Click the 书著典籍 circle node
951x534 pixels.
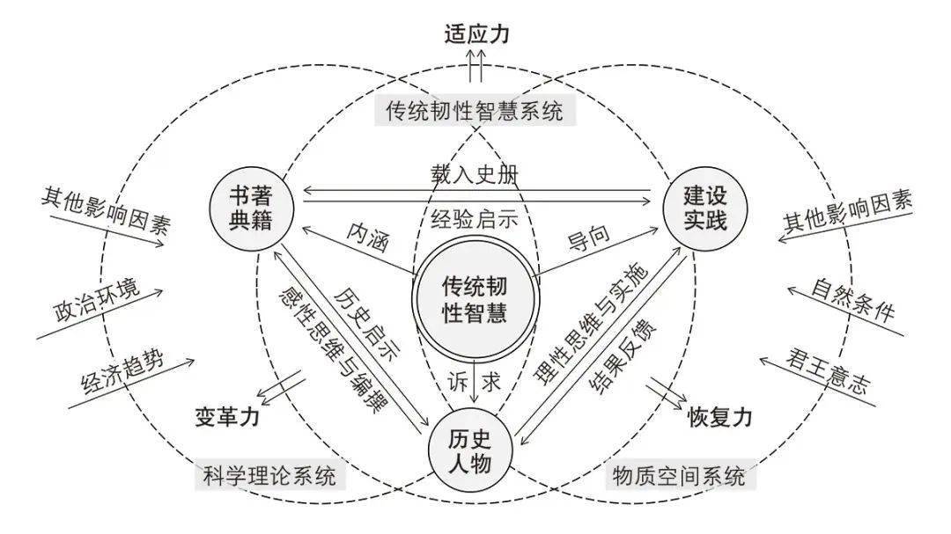coord(250,208)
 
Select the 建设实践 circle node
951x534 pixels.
coord(704,208)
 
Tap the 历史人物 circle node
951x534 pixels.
coord(471,450)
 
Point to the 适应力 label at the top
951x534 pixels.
coord(476,35)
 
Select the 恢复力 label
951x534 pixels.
coord(720,418)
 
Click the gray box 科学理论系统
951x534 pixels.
coord(270,478)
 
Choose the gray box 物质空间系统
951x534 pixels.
coord(679,478)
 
